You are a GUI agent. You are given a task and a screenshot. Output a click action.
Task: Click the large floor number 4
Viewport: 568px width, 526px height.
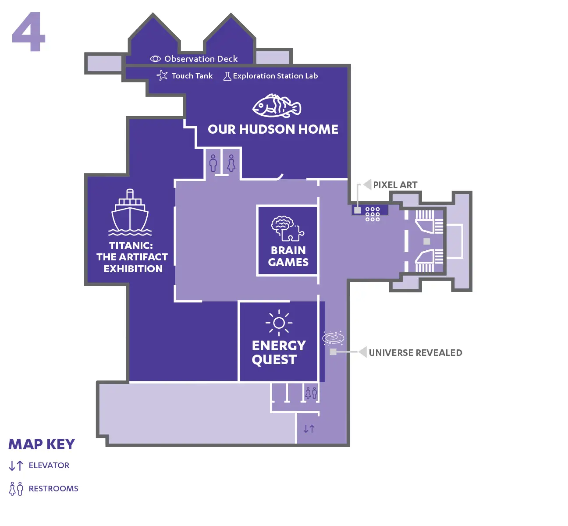[28, 32]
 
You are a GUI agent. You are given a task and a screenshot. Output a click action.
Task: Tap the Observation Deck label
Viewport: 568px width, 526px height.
[201, 59]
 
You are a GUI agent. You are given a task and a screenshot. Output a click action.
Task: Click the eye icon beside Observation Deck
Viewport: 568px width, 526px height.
[155, 59]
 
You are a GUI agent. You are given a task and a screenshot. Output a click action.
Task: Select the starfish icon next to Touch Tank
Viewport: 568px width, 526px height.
[162, 75]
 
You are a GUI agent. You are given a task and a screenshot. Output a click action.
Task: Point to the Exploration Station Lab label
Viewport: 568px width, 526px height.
[275, 76]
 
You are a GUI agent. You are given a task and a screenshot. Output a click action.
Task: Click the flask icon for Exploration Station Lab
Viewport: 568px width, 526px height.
[227, 76]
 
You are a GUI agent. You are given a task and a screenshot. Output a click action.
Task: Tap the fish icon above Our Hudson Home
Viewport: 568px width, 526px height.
[277, 106]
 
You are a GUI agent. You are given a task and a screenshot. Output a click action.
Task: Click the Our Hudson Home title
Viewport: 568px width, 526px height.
[273, 129]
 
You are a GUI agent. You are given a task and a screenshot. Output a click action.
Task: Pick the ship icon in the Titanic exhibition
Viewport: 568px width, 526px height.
[130, 212]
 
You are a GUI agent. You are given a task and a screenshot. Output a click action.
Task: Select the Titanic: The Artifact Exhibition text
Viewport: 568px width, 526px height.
[132, 257]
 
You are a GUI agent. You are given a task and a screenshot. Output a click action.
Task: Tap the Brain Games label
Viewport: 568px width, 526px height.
[288, 256]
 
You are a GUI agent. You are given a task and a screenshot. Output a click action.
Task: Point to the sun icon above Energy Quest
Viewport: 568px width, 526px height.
[279, 323]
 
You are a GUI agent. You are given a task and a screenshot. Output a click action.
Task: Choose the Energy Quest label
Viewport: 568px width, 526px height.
[279, 352]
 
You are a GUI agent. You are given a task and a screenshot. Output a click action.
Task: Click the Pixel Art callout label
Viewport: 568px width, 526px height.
[395, 185]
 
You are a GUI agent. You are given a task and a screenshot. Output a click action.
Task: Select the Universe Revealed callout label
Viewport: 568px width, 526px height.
[415, 352]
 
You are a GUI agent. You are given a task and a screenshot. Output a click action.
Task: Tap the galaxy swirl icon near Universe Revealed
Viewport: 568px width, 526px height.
[333, 338]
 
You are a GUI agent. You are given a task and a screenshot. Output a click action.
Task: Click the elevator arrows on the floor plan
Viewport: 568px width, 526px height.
[309, 429]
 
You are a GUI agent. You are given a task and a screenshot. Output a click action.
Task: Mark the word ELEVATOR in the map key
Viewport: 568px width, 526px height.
[49, 466]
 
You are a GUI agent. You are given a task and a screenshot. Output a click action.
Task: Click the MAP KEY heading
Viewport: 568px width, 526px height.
[42, 444]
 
